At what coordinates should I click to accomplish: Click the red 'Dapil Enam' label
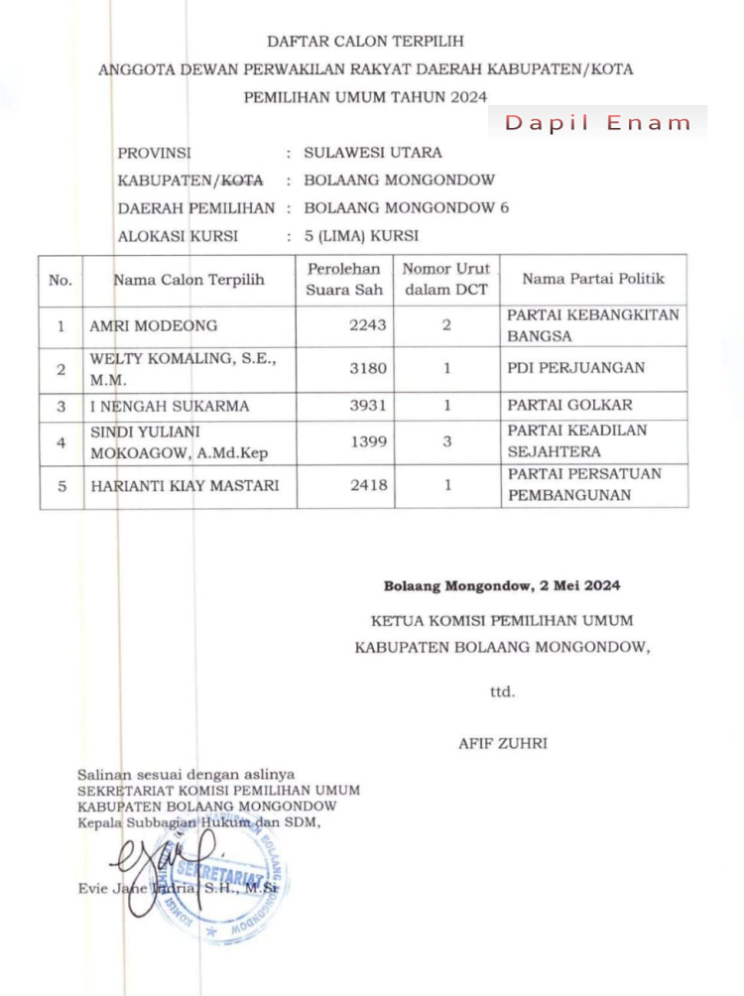point(597,123)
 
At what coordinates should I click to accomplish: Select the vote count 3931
point(367,406)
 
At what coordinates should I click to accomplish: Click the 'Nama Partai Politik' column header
point(593,279)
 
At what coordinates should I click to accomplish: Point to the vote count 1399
point(368,442)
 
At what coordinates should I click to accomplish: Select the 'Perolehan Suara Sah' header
point(343,279)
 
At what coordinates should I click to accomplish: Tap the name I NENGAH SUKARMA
point(169,406)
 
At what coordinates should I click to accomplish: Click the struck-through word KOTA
point(243,181)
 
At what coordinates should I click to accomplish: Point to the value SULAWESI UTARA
point(373,153)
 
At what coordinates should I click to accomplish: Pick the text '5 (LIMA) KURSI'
point(361,236)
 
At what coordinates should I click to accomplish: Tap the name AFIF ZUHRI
point(503,742)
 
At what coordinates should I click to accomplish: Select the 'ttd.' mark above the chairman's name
point(503,690)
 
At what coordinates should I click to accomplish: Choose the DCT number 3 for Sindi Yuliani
point(446,442)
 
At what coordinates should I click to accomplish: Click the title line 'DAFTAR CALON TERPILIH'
point(365,42)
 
